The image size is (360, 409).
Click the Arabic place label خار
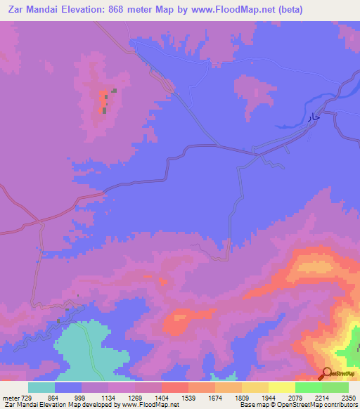pos(313,117)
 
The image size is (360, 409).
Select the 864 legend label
pos(53,398)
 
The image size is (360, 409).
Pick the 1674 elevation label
pos(214,398)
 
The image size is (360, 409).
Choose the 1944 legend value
pos(268,398)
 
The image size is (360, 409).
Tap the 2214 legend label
pos(321,398)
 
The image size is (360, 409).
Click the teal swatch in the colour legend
pos(41,387)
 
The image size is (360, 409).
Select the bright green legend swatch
pos(309,387)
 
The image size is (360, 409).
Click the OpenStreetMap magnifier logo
pos(326,372)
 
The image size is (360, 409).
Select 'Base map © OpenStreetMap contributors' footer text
pos(297,405)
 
